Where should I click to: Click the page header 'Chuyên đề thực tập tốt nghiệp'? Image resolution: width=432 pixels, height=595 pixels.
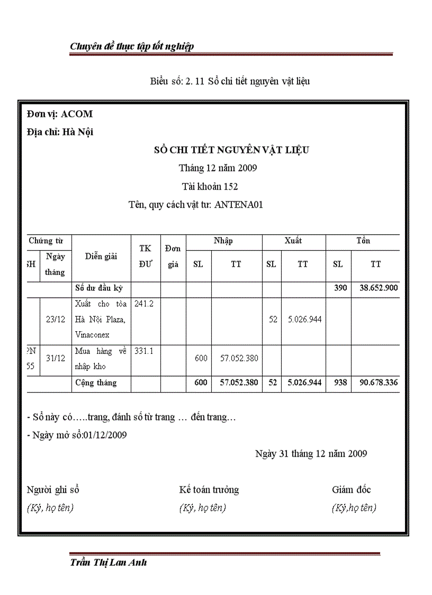click(x=132, y=47)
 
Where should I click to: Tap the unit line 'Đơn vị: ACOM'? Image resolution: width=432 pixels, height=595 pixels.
click(x=59, y=114)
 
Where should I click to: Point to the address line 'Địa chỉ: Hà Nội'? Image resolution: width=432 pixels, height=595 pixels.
click(x=60, y=132)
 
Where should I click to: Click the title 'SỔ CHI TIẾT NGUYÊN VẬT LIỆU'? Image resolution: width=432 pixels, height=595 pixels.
click(x=231, y=150)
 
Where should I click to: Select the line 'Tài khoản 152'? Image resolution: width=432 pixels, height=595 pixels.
click(x=210, y=187)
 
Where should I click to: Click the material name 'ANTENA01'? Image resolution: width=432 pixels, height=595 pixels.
click(x=239, y=205)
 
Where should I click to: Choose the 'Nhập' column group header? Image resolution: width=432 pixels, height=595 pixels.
click(x=223, y=241)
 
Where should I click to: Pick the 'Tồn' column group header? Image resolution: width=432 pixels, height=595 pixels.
click(x=363, y=241)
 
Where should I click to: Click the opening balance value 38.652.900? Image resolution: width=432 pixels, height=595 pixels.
click(x=375, y=288)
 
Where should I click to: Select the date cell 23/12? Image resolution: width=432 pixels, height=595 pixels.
click(x=56, y=319)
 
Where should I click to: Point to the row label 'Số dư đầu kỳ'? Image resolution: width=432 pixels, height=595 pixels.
click(x=99, y=288)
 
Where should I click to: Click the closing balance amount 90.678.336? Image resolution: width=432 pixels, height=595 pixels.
click(x=375, y=383)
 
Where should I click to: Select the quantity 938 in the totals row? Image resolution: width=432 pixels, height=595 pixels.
click(x=338, y=383)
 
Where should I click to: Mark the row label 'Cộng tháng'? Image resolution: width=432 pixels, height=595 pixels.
click(x=96, y=383)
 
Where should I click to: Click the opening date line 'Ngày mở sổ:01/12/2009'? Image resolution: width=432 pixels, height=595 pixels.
click(x=77, y=435)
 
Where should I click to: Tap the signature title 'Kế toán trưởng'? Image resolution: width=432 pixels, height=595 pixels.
click(x=209, y=490)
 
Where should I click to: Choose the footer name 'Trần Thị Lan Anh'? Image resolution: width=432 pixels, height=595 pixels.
click(x=108, y=563)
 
